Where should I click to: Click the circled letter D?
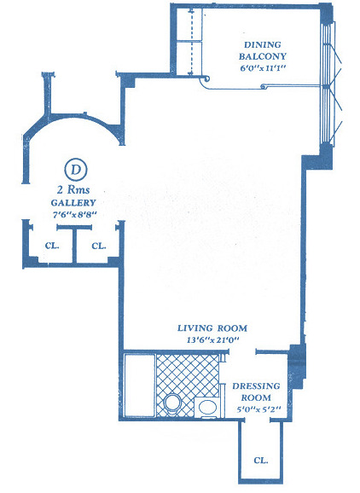(75, 170)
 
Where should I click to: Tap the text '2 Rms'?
(73, 190)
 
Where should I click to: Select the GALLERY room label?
(73, 203)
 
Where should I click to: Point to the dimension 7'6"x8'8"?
(74, 215)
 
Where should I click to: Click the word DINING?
(263, 44)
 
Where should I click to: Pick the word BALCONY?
(263, 56)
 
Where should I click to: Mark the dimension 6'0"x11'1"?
(263, 68)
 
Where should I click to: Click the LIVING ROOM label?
(212, 328)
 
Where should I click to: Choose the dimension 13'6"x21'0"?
(213, 339)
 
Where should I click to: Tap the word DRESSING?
(256, 386)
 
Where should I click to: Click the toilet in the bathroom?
(172, 404)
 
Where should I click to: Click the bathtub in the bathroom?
(140, 386)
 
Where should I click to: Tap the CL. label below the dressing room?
(261, 461)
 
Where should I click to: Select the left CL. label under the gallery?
(52, 246)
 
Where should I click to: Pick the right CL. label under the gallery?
(99, 246)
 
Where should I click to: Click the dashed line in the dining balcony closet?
(191, 43)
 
